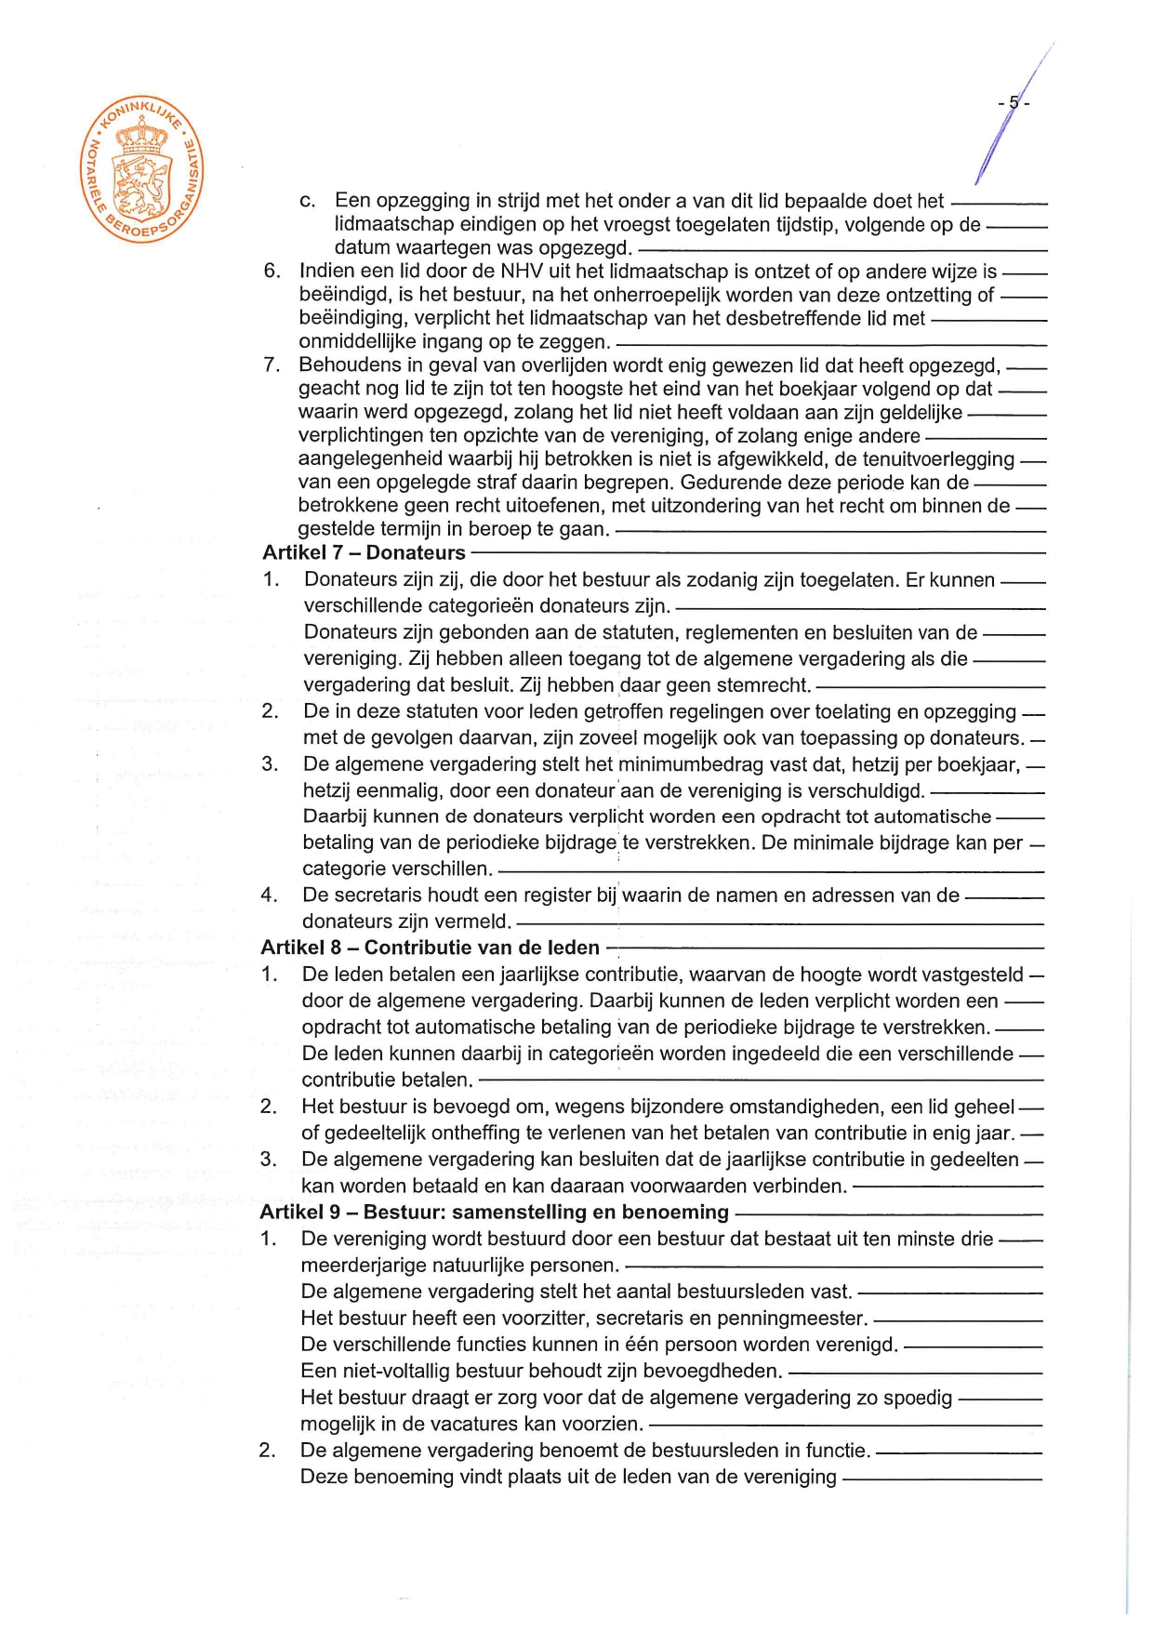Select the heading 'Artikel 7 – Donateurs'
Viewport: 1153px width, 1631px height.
tap(364, 553)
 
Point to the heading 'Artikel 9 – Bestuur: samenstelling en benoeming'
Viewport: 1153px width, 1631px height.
tap(494, 1213)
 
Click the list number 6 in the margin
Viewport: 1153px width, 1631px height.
tap(271, 272)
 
